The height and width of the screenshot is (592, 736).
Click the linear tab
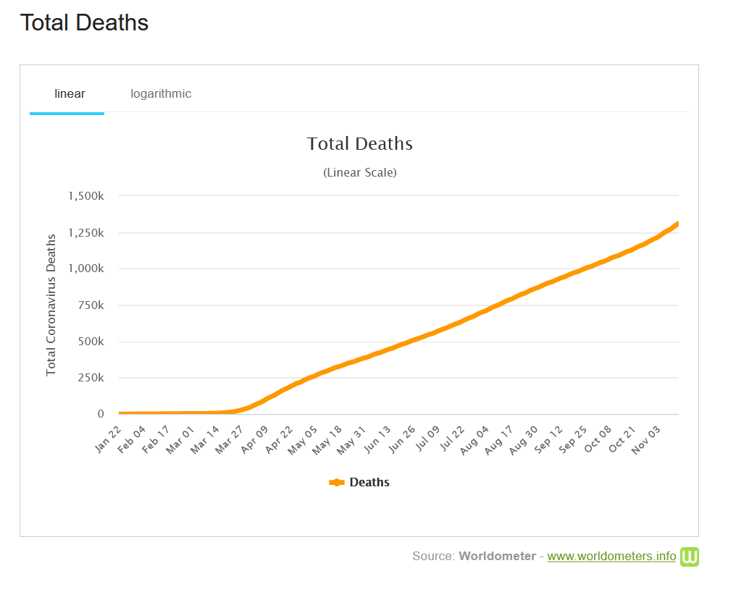[x=70, y=93]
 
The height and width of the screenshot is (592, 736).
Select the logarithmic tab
[x=161, y=93]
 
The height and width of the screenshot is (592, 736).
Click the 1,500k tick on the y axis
[x=86, y=196]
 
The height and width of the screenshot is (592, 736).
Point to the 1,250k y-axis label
[x=86, y=233]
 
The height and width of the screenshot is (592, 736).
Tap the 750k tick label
[x=91, y=305]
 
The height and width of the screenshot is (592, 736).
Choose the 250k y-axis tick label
[x=91, y=378]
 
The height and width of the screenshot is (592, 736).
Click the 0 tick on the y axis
[x=101, y=414]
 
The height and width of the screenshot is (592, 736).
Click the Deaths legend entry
[x=359, y=483]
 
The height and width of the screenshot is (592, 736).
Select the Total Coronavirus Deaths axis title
[x=51, y=305]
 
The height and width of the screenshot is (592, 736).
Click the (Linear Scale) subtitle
[x=360, y=173]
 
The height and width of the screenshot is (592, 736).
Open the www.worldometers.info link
[x=611, y=557]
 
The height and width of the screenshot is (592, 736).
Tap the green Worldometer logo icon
[x=690, y=557]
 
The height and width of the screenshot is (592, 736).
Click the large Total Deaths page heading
[x=84, y=23]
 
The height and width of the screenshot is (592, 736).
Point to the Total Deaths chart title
[x=360, y=144]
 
